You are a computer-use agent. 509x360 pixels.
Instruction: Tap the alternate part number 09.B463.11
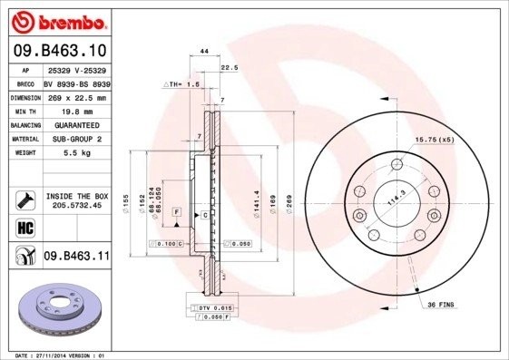coord(75,257)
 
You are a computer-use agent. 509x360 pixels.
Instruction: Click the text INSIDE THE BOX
coord(75,196)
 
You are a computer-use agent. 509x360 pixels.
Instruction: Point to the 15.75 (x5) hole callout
coord(432,139)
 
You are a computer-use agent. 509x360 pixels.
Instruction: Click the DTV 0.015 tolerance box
coord(210,309)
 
